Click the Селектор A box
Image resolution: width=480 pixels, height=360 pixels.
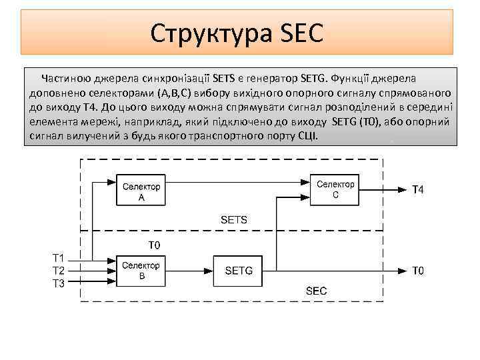(141, 191)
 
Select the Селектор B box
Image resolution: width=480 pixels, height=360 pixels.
(141, 271)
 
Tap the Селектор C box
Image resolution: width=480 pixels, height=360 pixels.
(335, 190)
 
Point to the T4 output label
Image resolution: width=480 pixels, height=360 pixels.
(417, 190)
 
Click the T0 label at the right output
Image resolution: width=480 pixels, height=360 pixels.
(417, 271)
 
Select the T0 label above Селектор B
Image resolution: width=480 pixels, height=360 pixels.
(154, 245)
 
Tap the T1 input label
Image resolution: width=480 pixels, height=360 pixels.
(59, 258)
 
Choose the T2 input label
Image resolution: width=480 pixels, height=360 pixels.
(59, 271)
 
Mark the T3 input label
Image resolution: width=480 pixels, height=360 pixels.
(59, 283)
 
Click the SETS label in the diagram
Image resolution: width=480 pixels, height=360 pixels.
(233, 219)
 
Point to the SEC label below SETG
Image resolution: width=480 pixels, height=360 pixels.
(316, 291)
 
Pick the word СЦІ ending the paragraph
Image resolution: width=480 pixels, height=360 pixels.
(307, 136)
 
